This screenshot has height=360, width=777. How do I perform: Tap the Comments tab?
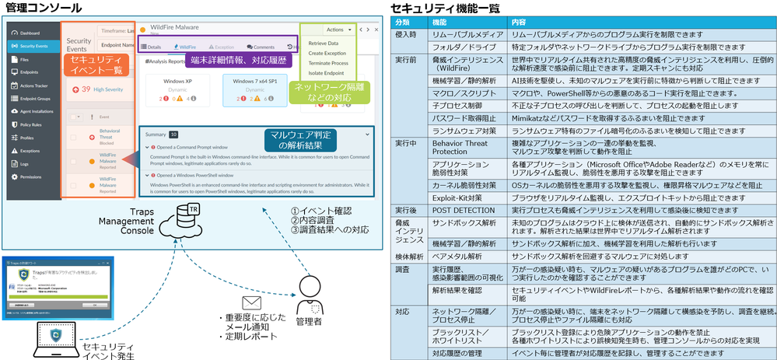point(261,47)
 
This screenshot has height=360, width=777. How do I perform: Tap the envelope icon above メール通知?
point(250,301)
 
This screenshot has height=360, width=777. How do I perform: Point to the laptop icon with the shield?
point(55,337)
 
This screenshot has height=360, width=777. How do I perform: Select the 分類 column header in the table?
point(403,22)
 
